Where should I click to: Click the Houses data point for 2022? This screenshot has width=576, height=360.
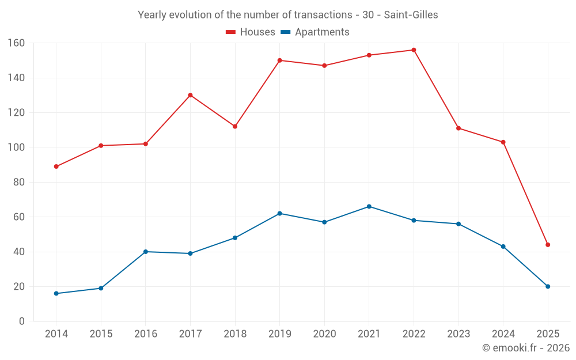[x=414, y=50]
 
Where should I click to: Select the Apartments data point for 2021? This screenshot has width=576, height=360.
[x=369, y=207]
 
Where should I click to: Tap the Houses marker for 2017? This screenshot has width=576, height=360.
[x=190, y=95]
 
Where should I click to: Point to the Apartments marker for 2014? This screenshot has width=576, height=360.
[x=56, y=294]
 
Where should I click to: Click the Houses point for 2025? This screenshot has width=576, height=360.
[x=548, y=245]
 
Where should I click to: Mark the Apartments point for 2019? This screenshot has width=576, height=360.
[x=279, y=214]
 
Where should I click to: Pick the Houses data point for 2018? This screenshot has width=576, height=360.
[x=235, y=127]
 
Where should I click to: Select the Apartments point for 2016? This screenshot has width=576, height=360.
[x=146, y=252]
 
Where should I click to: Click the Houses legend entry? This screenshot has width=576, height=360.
[x=251, y=32]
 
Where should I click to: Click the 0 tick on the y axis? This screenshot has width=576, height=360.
[x=21, y=321]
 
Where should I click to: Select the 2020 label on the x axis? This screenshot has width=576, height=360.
[x=324, y=334]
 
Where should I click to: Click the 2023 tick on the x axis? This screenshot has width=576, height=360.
[x=458, y=334]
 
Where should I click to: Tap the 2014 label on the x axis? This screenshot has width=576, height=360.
[x=56, y=334]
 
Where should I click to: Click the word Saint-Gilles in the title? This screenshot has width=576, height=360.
[x=412, y=15]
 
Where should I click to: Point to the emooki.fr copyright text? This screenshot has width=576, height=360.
[x=526, y=348]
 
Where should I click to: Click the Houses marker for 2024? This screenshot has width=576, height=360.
[x=503, y=142]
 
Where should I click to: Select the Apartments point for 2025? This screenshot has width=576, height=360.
[x=548, y=286]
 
